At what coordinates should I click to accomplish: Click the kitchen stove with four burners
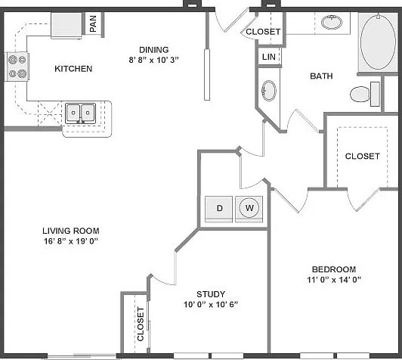pos(17,67)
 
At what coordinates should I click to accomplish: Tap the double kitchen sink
pos(80,113)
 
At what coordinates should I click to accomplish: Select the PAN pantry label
pos(94,24)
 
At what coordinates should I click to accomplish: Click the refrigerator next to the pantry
pos(66,25)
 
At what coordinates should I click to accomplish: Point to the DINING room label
pos(154,50)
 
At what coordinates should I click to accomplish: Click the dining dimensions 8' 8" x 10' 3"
pos(153,60)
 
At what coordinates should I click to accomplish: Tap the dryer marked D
pos(218,209)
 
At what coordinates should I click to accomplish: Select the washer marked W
pos(249,208)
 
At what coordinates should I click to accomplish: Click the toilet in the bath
pos(365,94)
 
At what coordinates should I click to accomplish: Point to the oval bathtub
pos(378,42)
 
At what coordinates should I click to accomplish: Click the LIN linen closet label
pos(269,57)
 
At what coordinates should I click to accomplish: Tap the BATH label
pos(321,76)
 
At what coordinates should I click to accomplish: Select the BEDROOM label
pos(334,269)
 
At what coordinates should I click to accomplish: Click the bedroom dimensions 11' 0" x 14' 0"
pos(334,279)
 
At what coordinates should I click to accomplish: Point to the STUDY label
pos(211,294)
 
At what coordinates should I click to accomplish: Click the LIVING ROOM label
pos(71,231)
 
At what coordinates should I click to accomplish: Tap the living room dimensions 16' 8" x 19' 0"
pos(71,241)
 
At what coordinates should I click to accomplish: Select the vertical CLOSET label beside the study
pos(141,324)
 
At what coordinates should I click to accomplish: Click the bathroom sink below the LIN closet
pos(269,91)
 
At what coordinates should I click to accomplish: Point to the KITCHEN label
pos(73,69)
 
